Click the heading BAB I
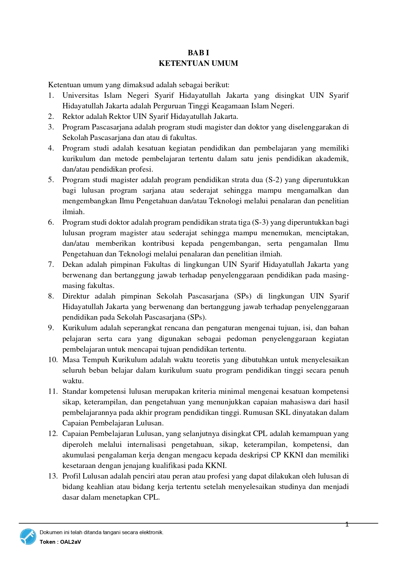click(x=198, y=53)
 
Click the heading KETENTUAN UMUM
click(x=198, y=63)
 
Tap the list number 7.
click(x=51, y=264)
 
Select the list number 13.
click(x=53, y=476)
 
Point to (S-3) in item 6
click(x=260, y=222)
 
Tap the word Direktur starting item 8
click(x=76, y=296)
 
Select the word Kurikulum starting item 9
click(x=80, y=328)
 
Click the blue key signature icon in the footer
click(x=28, y=537)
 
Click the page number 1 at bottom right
click(x=347, y=524)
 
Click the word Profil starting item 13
click(x=71, y=476)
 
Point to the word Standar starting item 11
click(x=75, y=391)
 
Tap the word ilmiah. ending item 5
click(x=73, y=212)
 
